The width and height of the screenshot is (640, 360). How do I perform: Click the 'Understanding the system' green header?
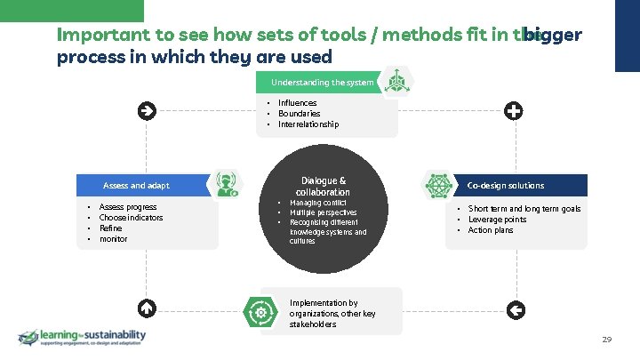click(322, 83)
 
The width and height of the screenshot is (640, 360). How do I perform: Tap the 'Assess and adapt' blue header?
click(136, 186)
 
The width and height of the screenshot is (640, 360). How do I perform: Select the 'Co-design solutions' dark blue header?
click(506, 185)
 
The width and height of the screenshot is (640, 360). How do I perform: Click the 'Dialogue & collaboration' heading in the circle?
click(324, 186)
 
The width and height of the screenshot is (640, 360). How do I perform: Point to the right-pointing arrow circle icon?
click(147, 111)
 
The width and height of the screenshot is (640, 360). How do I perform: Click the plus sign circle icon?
click(513, 111)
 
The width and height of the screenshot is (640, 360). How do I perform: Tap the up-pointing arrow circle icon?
click(147, 308)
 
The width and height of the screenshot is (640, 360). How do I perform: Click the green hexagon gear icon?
click(261, 312)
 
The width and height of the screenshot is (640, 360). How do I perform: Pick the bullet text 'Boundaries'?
click(299, 114)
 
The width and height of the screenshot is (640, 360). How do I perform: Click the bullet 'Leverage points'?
click(497, 220)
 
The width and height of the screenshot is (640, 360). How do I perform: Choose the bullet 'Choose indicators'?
click(131, 218)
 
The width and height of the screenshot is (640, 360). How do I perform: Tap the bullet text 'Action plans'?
click(491, 230)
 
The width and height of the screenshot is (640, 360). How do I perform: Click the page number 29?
click(607, 340)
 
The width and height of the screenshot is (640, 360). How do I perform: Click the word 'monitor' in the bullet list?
click(113, 239)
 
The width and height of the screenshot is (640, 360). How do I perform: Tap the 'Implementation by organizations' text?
click(332, 314)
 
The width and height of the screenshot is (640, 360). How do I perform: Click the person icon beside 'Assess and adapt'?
click(224, 184)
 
